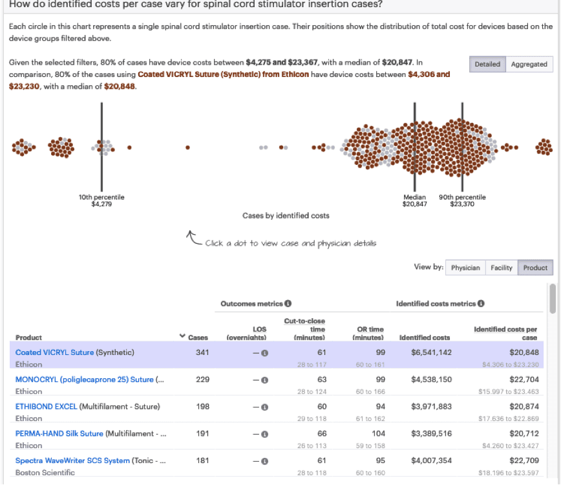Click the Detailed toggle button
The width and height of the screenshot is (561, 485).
[487, 64]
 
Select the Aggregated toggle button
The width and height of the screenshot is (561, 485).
[529, 64]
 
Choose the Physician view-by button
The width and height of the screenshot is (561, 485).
[465, 268]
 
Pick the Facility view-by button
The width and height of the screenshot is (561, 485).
[502, 268]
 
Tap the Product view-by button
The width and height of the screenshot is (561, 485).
[535, 268]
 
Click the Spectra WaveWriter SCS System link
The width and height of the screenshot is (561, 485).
[72, 460]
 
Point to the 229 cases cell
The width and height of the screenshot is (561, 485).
[202, 380]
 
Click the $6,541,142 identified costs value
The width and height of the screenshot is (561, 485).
[431, 352]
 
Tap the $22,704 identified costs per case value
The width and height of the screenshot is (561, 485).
[524, 380]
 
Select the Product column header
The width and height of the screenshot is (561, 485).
[28, 338]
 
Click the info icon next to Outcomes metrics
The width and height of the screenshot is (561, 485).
[288, 303]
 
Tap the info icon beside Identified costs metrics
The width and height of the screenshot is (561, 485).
[482, 303]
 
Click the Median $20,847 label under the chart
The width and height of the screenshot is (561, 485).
[414, 200]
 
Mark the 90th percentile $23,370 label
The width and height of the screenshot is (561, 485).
[462, 200]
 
